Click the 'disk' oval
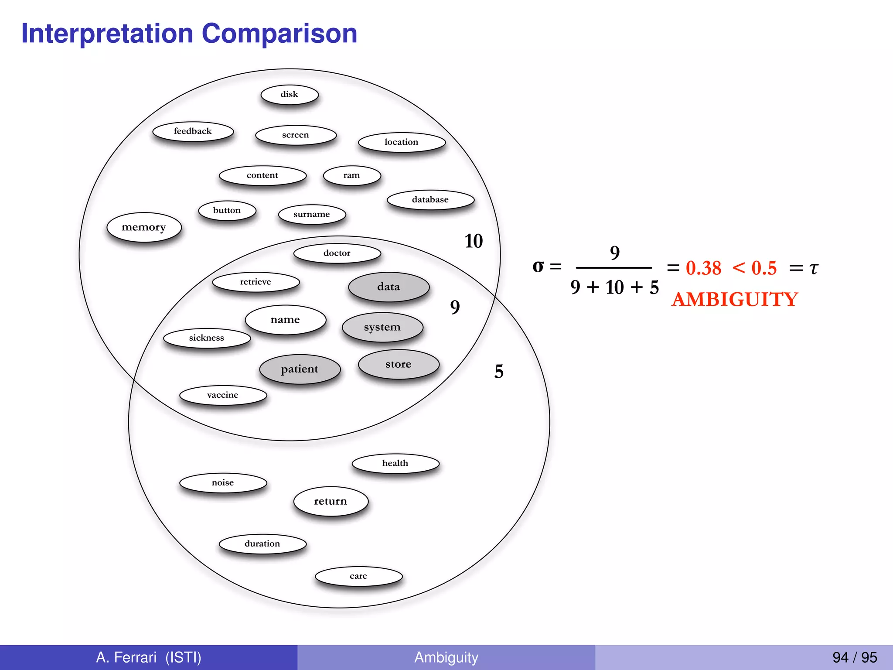point(290,95)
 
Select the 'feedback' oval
point(193,131)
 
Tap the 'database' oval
point(430,200)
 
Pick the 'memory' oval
point(144,227)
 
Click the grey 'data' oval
point(389,287)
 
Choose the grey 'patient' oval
point(300,369)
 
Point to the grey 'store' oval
point(399,364)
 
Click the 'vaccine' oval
point(223,395)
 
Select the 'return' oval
point(331,501)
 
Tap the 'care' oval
point(358,576)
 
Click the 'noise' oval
point(223,483)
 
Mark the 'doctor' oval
point(337,253)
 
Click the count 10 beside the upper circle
point(474,241)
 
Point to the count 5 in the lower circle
point(499,372)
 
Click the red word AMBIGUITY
point(735,300)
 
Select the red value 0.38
point(703,268)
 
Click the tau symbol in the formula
point(814,268)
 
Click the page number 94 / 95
point(854,657)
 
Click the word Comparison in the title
point(279,34)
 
